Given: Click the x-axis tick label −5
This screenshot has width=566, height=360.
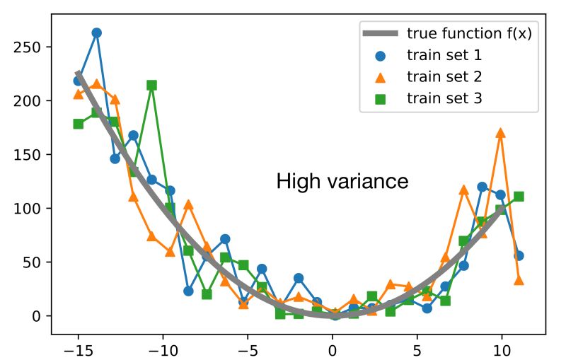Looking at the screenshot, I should [248, 349].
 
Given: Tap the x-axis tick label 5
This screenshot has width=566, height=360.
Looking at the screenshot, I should [417, 349].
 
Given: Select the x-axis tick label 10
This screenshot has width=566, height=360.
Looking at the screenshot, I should [502, 349].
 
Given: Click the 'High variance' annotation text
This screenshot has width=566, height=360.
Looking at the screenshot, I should [342, 182].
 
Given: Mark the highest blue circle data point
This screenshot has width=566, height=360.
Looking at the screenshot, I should [97, 33].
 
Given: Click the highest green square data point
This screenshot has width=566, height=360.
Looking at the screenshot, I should [151, 85].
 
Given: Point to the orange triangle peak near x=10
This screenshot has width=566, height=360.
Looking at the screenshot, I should [501, 133].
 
